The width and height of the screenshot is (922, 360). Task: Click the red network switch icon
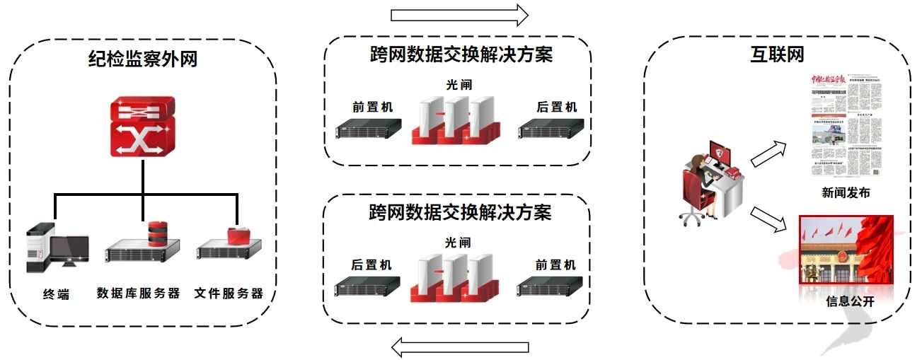tap(142, 128)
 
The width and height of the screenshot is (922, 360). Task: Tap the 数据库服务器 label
tap(139, 294)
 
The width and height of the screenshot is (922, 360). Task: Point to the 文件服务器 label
tap(229, 294)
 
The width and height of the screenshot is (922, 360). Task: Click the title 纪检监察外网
tap(143, 59)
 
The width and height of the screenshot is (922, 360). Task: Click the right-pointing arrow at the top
tap(459, 14)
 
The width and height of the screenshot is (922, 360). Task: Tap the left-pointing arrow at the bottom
tap(461, 347)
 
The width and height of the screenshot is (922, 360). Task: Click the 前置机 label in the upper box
tap(372, 108)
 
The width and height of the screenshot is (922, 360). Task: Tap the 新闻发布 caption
tap(846, 193)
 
